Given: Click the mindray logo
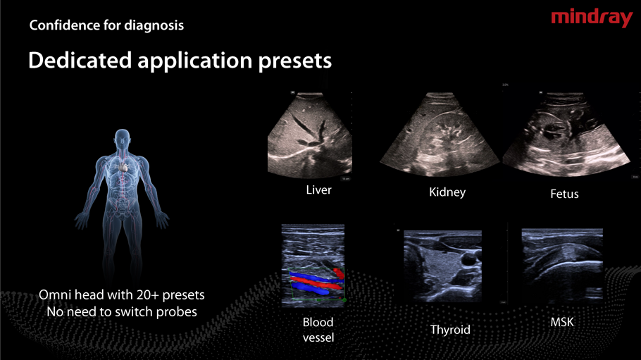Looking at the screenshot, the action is coord(592,18).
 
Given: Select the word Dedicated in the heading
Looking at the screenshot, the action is coord(80,60).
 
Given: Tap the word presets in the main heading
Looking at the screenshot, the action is coord(294,61).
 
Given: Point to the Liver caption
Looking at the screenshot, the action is coord(318,190).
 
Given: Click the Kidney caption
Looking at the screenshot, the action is coord(447,192).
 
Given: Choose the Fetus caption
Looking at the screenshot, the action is coord(564,194).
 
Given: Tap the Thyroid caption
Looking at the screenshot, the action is coord(450,330).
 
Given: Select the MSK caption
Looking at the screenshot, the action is coord(562,323).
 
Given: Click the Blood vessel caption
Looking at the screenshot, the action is coord(318,330).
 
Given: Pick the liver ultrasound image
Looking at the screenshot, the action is coord(309,135).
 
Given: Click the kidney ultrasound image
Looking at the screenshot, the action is coord(440,135).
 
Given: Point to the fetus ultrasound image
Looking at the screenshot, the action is coord(566,135).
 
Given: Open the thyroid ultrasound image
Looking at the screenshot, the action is coord(442,266).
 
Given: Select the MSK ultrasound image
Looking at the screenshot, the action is coord(562,264).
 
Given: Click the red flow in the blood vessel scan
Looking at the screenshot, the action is coord(317,282).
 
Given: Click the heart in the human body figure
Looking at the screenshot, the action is coord(123,166).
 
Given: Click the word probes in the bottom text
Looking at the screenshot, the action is coord(178,313).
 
